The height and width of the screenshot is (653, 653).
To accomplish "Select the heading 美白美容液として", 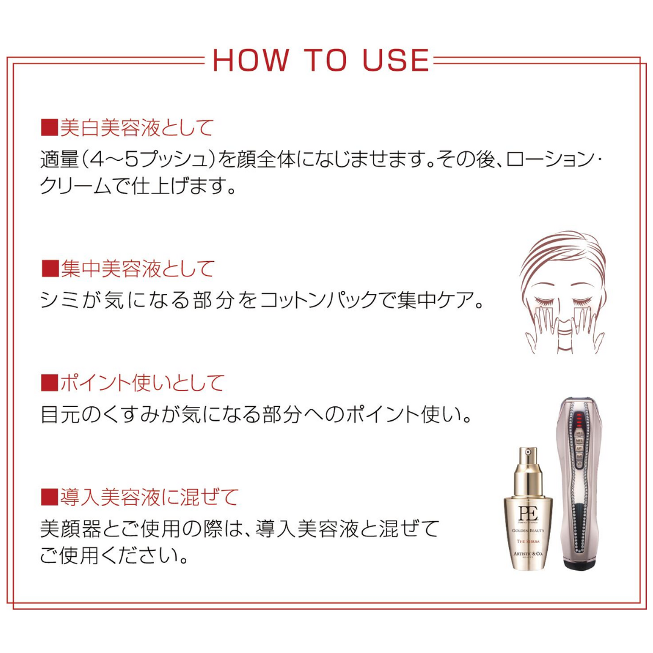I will pos(136,128).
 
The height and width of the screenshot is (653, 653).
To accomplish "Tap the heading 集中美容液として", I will pos(136,268).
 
